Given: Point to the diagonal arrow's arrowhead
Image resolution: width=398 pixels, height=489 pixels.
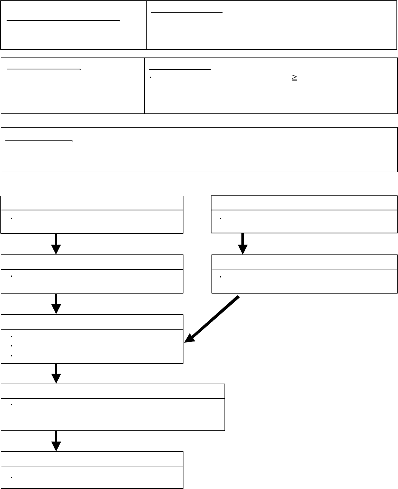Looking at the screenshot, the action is pos(190,338).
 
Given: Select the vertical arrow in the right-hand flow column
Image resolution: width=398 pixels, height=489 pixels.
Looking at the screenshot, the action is pos(243,244).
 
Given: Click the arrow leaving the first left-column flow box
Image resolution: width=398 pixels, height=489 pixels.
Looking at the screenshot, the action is pos(56,244).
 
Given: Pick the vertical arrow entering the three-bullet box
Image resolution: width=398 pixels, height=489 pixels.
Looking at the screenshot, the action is pos(56,304).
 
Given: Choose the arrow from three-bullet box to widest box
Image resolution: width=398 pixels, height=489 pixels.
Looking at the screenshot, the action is pos(56,373).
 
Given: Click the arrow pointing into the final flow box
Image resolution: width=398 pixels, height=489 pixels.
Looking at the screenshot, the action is pos(56,441).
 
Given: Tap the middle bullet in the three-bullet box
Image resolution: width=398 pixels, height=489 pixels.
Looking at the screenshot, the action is pos(12,346).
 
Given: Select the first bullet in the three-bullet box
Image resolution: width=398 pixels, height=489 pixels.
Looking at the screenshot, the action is pos(12,336).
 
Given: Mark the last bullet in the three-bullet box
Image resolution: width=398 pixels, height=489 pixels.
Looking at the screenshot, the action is pos(12,356).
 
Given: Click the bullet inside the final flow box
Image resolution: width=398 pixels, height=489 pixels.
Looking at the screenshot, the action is pos(12,478).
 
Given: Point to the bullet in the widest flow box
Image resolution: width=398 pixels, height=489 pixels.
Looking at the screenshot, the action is pos(12,405).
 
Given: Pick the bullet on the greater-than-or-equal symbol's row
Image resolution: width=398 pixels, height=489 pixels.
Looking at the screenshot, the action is pos(151,77).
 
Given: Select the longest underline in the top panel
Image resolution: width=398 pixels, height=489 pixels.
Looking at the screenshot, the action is pos(63,20).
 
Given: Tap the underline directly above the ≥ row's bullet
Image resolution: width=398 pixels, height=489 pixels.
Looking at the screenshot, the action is pos(180,70).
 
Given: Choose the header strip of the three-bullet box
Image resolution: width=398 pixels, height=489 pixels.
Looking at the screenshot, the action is pos(92,322).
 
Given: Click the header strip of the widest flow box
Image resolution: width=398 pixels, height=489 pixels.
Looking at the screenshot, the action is pos(113,391).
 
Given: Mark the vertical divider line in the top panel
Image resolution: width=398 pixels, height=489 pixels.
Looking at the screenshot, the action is pos(146,25).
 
